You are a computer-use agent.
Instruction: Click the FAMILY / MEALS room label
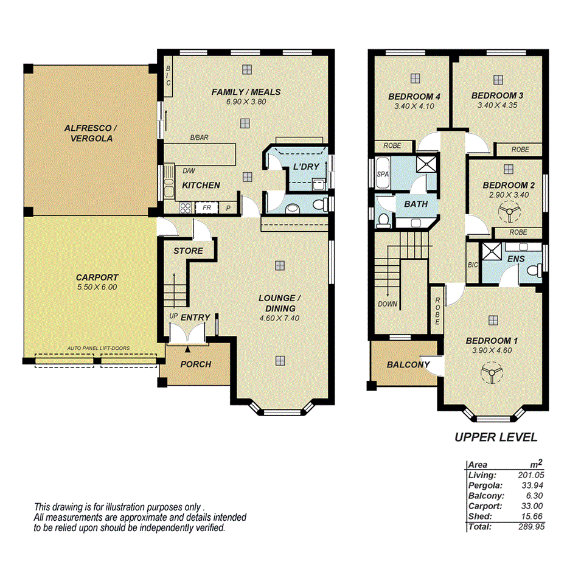pos(246,92)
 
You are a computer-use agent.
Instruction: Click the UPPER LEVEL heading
pos(496,437)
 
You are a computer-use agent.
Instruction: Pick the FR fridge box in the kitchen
pos(206,208)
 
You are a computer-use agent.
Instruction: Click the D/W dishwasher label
pos(189,171)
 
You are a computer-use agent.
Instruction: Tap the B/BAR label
pos(199,138)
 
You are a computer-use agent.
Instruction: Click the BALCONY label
pos(408,365)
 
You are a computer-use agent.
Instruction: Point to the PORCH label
pos(195,364)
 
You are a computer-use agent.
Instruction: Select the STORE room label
pos(188,251)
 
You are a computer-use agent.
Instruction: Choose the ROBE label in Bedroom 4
pos(391,146)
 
